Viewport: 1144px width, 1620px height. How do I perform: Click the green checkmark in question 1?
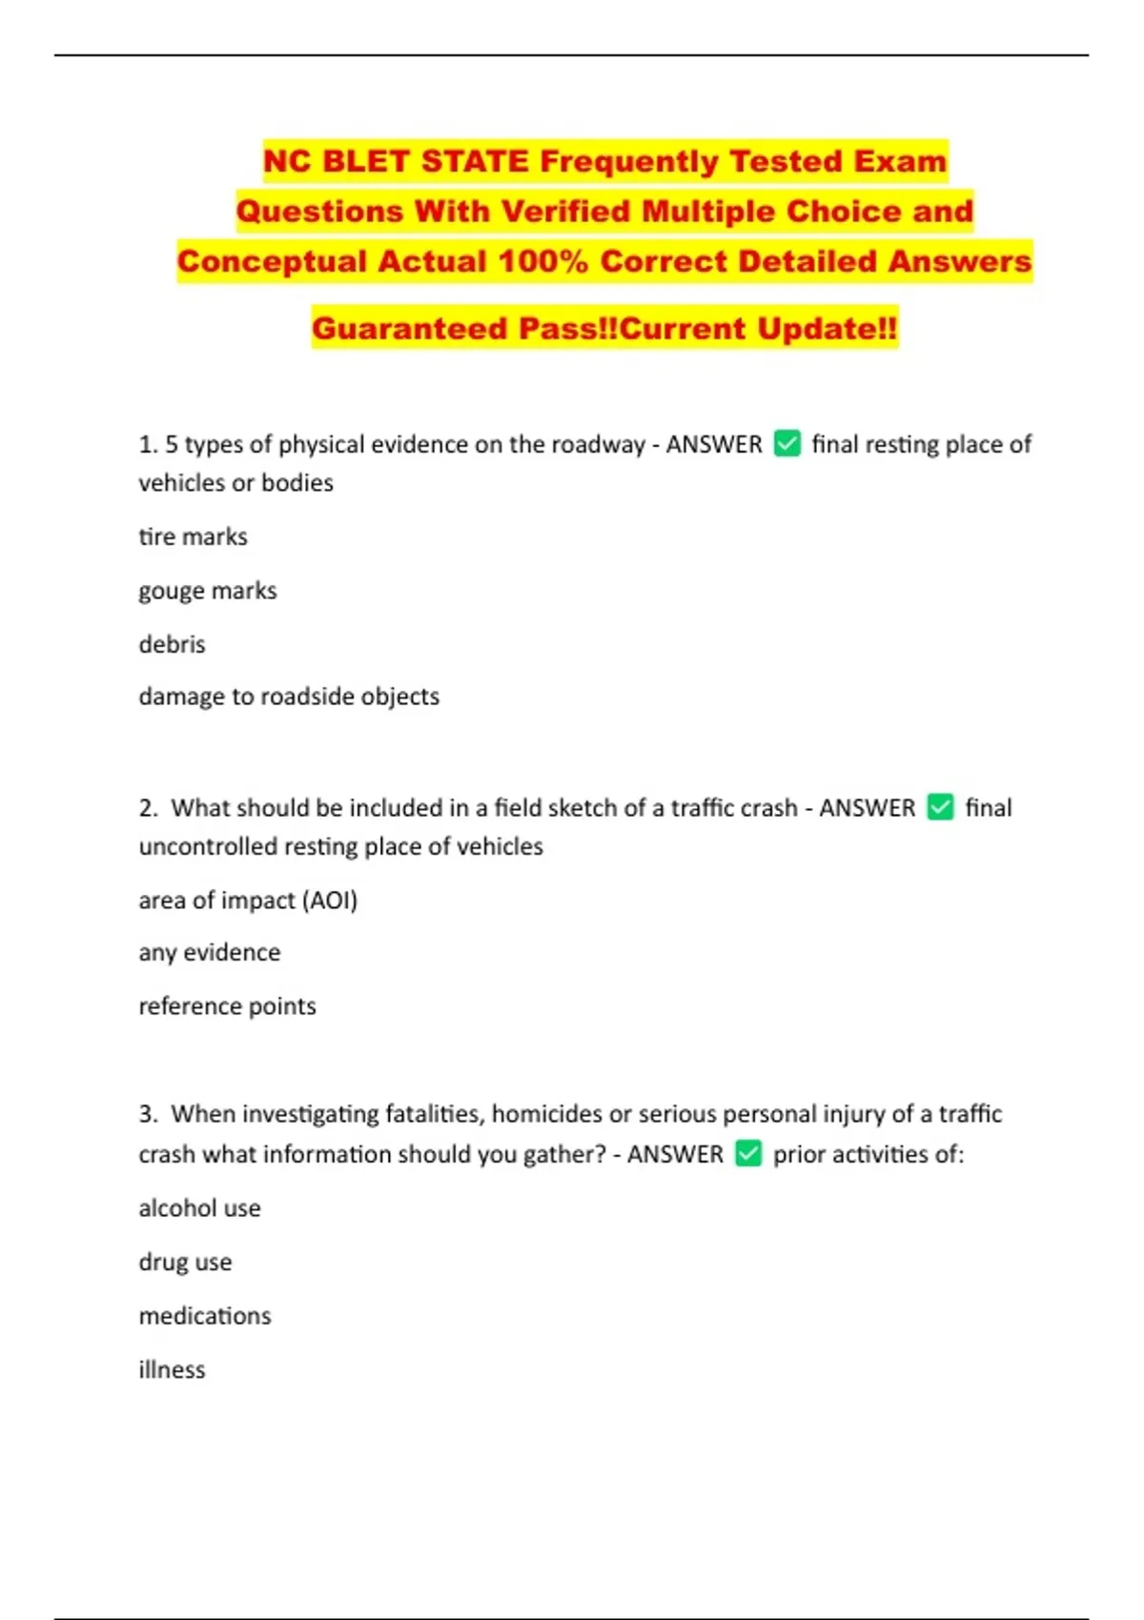[x=787, y=443]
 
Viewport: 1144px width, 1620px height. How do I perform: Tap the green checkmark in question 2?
[x=940, y=807]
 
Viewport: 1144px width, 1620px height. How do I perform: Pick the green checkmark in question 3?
[x=748, y=1154]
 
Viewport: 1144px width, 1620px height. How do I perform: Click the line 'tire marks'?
[x=193, y=537]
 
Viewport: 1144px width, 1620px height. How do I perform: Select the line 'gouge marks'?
[x=208, y=591]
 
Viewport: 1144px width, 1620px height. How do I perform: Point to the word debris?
[x=172, y=644]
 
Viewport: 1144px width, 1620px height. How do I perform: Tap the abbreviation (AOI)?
[x=329, y=900]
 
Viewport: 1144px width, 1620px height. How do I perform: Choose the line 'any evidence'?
[x=210, y=952]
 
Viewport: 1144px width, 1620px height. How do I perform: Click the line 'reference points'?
[x=227, y=1005]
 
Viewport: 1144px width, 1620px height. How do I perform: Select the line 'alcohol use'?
[x=199, y=1207]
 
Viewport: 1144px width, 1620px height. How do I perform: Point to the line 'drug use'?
[x=185, y=1262]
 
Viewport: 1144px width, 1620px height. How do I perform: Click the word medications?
[x=205, y=1315]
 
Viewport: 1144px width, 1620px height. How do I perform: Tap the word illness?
[x=172, y=1369]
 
